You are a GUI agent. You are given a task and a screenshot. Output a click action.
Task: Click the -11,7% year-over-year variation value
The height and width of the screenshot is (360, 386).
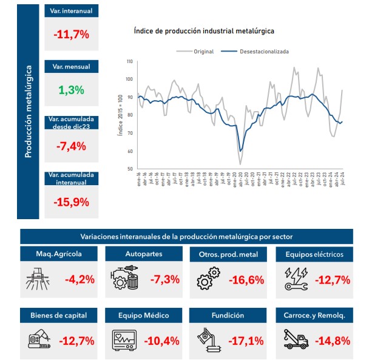click(x=71, y=35)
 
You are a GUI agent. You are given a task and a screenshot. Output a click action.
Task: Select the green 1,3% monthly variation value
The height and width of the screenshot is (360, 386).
click(x=71, y=90)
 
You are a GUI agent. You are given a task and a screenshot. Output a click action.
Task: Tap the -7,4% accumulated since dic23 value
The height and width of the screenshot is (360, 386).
click(x=71, y=146)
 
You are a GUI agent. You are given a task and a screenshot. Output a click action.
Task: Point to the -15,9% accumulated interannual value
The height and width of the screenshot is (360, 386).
click(x=71, y=202)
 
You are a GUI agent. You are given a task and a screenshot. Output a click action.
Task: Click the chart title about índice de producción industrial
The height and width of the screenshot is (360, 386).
click(x=204, y=30)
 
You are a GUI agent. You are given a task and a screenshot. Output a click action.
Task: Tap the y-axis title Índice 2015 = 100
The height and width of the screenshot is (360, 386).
click(x=120, y=115)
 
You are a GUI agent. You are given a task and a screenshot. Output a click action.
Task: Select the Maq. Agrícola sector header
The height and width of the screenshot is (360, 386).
click(x=59, y=254)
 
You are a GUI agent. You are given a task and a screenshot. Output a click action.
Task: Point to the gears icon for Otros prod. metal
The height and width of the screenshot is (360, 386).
click(x=208, y=280)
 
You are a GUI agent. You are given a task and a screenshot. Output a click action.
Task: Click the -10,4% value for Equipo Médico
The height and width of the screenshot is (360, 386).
click(x=161, y=340)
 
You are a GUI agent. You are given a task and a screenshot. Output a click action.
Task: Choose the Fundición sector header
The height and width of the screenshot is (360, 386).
click(x=229, y=315)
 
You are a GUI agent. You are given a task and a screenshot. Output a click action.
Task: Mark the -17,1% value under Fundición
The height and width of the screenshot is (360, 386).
click(x=246, y=340)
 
